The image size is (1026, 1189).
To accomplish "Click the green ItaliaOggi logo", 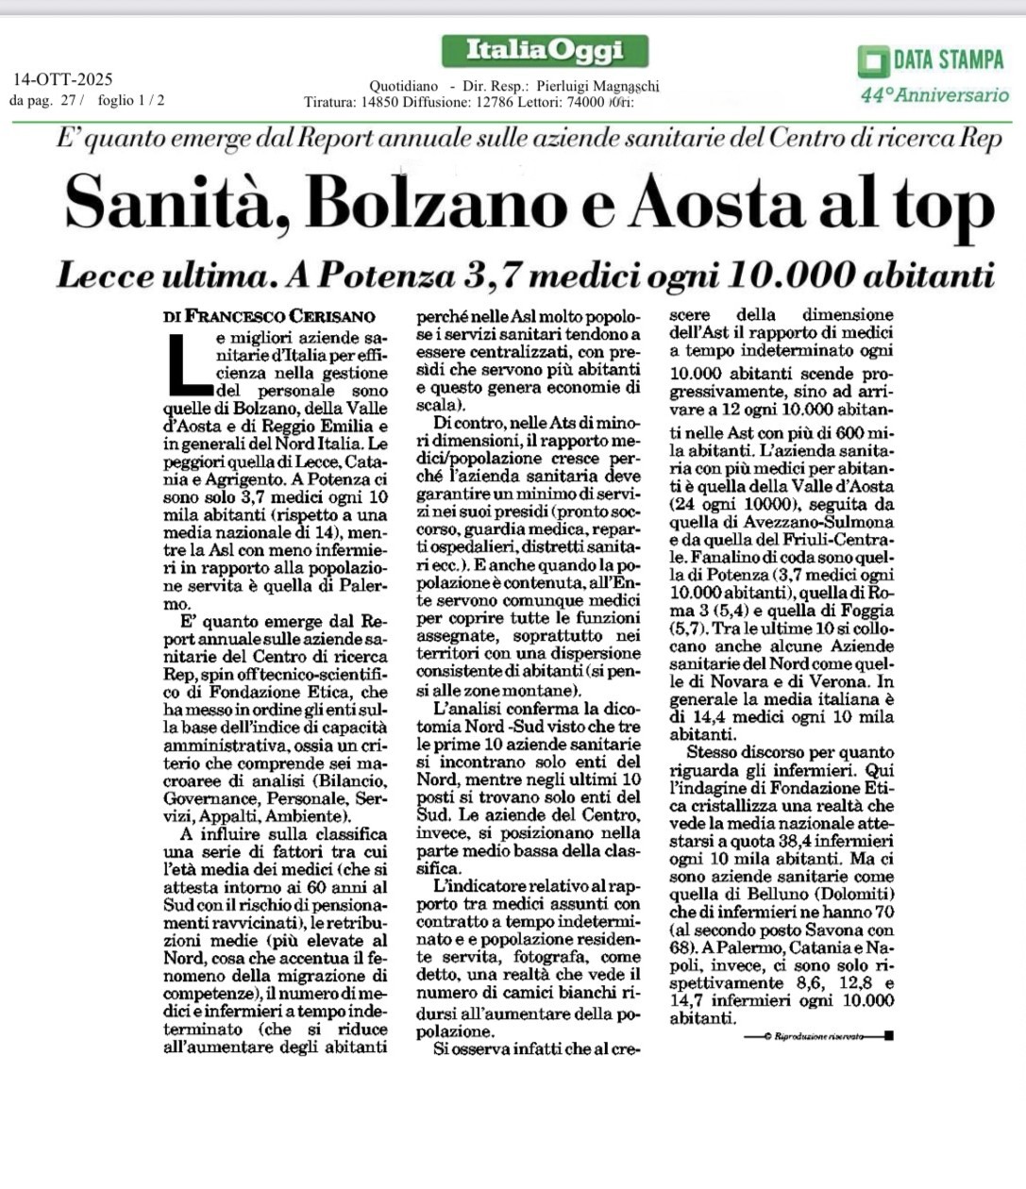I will (x=545, y=50).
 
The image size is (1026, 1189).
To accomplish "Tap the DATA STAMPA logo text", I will (x=948, y=60).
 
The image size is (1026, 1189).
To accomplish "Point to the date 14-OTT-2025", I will (x=63, y=79).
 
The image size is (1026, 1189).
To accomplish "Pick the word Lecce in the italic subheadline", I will (x=105, y=275).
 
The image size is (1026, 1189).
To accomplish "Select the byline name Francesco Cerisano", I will (x=280, y=317).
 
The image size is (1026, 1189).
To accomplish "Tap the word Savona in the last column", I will (x=816, y=930).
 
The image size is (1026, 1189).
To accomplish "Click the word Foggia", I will (x=863, y=611).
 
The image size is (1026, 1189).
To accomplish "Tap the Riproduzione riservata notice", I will (x=813, y=1036).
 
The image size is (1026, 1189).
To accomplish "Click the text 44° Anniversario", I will (x=934, y=94).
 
